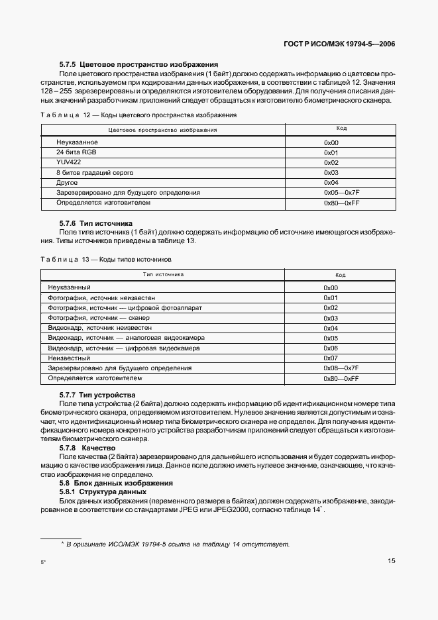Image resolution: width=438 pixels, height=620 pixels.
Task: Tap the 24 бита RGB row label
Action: (77, 152)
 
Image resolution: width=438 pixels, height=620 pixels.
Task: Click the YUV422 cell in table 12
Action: (68, 162)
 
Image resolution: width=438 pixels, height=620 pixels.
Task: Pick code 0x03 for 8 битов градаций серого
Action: (331, 172)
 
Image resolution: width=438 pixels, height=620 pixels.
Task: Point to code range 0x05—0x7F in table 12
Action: (341, 192)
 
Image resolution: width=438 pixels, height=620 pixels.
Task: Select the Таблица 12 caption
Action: (138, 115)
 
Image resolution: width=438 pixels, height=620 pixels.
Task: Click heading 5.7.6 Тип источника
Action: (96, 223)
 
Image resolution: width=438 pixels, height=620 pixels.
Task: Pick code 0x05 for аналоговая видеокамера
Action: (331, 338)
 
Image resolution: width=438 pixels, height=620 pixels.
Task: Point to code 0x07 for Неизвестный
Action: (331, 358)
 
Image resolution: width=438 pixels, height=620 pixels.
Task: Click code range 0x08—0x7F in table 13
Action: (341, 368)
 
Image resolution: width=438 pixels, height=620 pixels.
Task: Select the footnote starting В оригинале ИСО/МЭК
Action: (175, 544)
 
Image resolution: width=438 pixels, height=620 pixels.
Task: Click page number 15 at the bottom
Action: (392, 561)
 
